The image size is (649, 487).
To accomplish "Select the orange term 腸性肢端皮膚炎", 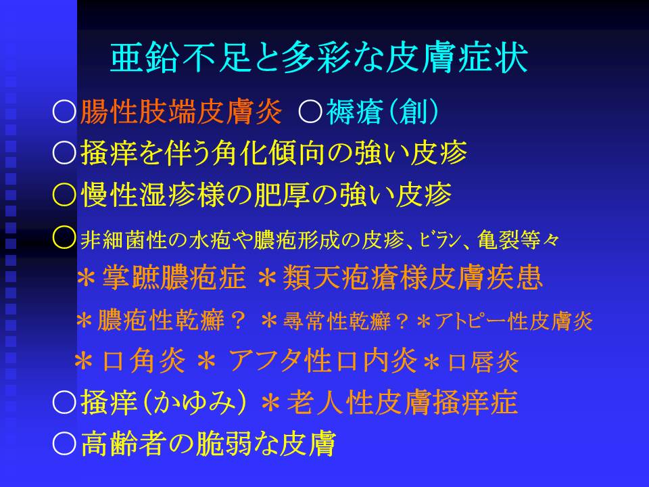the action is tap(181, 112).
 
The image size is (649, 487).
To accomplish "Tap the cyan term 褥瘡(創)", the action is tap(383, 112).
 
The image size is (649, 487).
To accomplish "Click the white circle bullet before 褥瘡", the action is tap(310, 112).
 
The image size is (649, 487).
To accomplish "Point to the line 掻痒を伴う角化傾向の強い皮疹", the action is tap(274, 153).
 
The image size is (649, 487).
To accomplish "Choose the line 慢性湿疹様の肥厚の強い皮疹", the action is tap(266, 194).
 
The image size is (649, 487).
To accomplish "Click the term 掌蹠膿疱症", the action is tap(174, 277).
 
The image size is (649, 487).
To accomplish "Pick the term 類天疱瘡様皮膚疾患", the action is tap(412, 277).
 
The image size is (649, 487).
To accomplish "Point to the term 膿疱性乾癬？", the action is tap(171, 320).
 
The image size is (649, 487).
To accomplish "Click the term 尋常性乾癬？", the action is tap(346, 321).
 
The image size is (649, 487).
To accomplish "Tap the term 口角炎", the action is tap(143, 361).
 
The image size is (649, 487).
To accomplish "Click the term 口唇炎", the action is tap(483, 362).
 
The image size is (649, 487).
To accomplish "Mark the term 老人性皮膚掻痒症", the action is tap(402, 402).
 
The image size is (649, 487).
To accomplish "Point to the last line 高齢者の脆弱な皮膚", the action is tap(208, 444).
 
